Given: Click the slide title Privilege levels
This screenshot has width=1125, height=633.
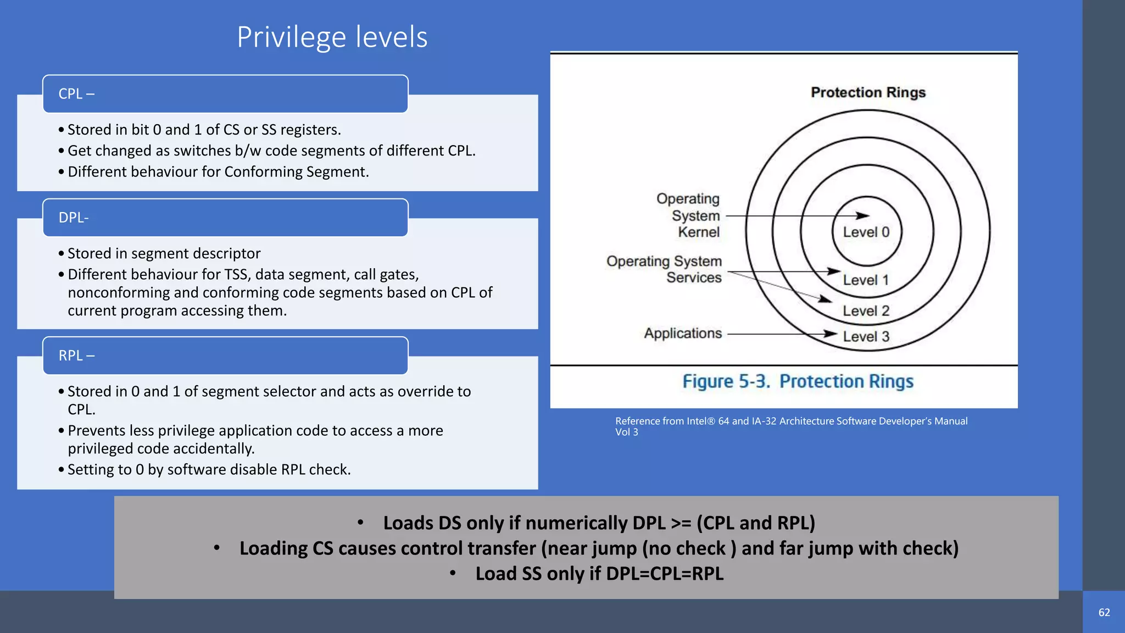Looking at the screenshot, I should coord(332,37).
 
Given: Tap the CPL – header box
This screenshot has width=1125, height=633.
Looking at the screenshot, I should coord(225,94).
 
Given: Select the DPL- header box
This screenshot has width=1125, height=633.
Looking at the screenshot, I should coord(225,218).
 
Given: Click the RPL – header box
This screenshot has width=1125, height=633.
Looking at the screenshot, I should coord(225,356).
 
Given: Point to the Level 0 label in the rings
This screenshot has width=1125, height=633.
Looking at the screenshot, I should coord(866,232).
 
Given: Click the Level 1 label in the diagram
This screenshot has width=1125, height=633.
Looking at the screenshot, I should coord(866,280).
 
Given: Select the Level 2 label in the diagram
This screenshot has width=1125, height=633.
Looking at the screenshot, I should coord(866,311).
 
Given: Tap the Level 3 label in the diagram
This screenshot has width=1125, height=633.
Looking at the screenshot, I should coord(866,337).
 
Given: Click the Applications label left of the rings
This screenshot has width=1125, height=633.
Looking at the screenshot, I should coord(683,334).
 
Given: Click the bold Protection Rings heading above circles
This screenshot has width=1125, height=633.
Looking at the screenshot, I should coord(868,92).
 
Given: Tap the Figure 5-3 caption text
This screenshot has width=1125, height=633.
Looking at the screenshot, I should coord(798,381).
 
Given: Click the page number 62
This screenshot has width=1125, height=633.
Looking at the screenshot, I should coord(1104,613).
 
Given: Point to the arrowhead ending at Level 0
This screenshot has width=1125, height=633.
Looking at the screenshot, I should coord(862,216).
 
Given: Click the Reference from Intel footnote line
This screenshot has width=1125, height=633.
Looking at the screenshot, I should coord(791,421).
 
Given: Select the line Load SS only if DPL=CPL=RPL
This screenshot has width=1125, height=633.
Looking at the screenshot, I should coord(599,574).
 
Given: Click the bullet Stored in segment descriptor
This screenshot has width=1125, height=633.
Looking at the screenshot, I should coord(164,254).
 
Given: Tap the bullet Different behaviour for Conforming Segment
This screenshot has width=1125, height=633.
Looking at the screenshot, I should coord(218,172).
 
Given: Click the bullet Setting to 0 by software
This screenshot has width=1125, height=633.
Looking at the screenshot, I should coord(209,470).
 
